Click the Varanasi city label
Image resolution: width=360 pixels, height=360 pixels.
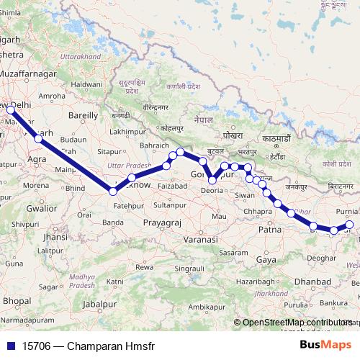201,238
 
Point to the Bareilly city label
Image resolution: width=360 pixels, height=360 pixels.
83,114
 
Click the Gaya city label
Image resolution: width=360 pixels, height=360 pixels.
266,259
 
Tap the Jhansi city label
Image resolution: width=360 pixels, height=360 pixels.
55,236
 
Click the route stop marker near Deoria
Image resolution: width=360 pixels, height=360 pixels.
212,181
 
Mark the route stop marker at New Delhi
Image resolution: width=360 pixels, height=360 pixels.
11,109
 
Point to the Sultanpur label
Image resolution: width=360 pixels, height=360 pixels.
170,205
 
